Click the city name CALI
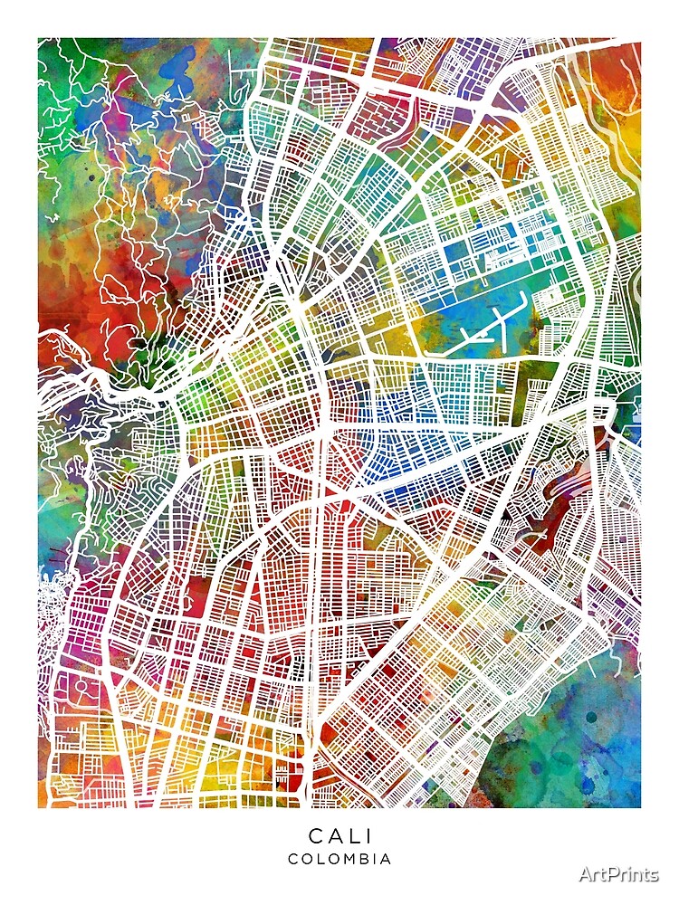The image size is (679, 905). click(339, 835)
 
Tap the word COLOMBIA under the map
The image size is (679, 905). click(339, 859)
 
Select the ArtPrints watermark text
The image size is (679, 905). click(620, 873)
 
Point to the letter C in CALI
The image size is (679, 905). click(314, 835)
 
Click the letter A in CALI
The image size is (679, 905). click(332, 835)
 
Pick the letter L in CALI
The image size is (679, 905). click(350, 835)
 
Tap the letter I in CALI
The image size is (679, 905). click(365, 835)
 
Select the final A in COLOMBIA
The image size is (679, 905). click(387, 859)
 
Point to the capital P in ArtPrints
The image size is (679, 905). click(613, 873)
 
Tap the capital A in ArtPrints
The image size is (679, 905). click(586, 873)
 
